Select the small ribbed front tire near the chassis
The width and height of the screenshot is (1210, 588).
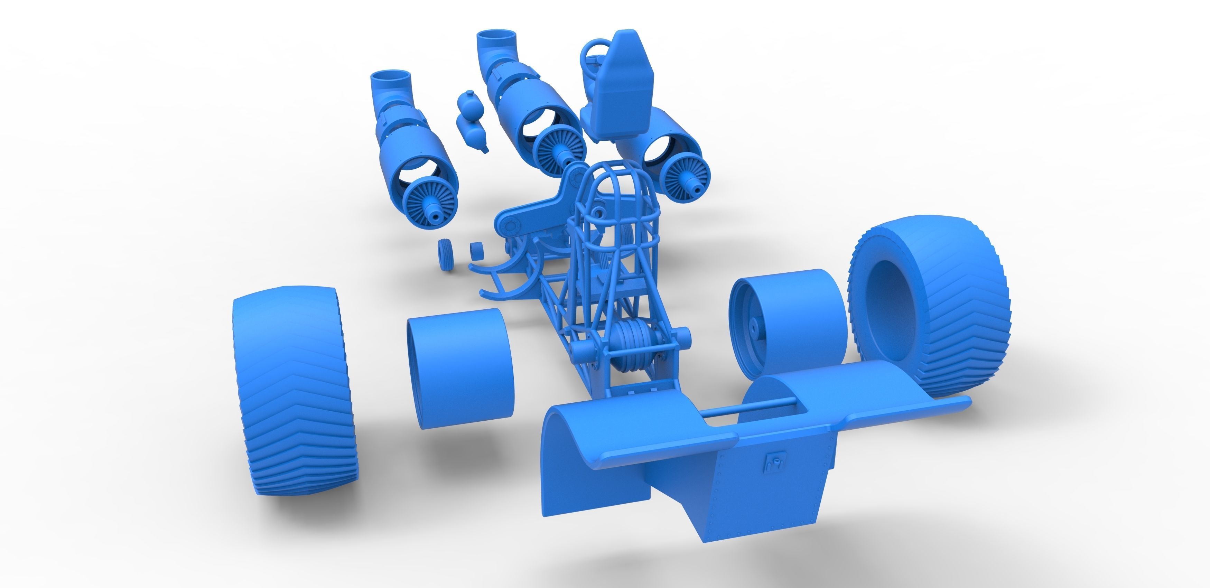pyautogui.click(x=445, y=254)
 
